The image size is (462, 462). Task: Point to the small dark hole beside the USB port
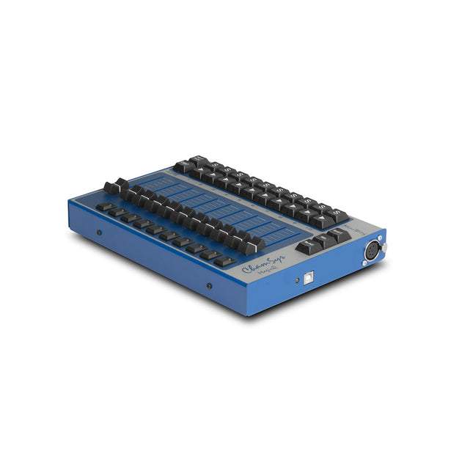[290, 283]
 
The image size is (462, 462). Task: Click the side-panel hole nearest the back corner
[99, 233]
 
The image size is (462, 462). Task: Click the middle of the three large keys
[323, 240]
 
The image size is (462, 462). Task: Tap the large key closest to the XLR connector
[339, 234]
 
